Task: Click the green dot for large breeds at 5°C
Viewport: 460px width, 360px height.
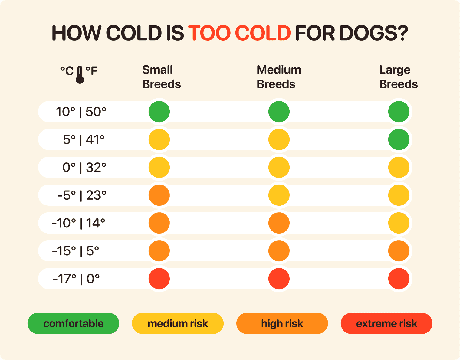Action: point(399,139)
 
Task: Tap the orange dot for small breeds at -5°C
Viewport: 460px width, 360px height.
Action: point(159,195)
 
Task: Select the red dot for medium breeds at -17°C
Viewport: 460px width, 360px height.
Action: point(279,279)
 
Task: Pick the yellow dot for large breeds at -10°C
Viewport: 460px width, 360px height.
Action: point(399,223)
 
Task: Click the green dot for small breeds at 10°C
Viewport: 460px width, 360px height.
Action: point(159,112)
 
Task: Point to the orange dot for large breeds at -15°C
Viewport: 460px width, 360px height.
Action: point(399,251)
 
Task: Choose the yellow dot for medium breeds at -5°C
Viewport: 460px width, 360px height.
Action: point(279,195)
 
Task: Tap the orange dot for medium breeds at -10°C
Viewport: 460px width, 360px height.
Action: point(279,223)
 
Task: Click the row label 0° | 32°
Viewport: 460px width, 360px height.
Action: point(84,167)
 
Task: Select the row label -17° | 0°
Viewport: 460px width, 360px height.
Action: point(76,279)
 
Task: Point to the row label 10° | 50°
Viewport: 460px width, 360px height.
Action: point(81,112)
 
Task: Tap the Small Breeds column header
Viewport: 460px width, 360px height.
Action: point(161,77)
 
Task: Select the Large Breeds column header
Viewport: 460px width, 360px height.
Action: point(398,77)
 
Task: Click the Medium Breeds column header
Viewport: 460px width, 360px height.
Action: point(279,77)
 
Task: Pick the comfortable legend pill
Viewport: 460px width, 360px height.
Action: point(73,323)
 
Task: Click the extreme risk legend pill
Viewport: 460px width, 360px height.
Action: point(386,323)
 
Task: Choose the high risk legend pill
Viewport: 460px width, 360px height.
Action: point(282,323)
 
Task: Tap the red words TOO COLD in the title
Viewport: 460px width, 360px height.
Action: point(239,33)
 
